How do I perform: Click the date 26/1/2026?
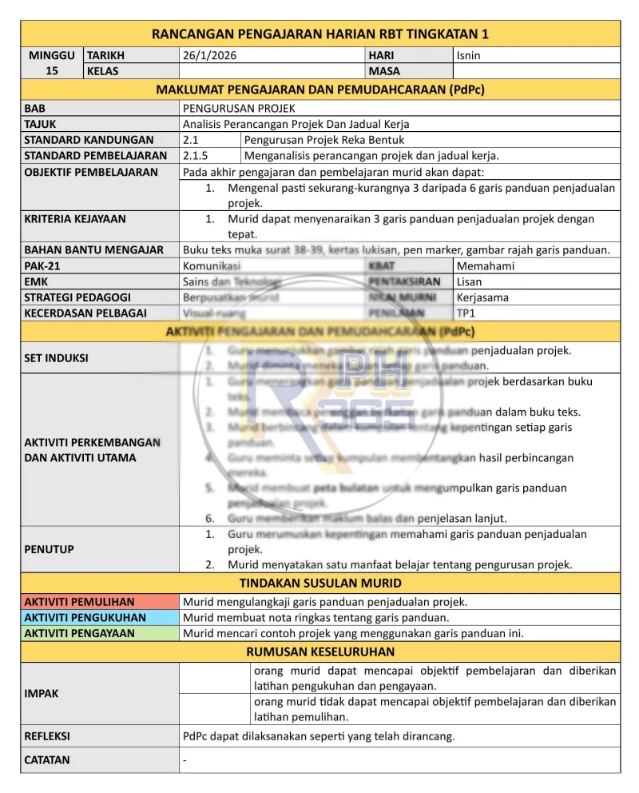click(x=209, y=56)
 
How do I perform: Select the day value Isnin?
click(x=468, y=56)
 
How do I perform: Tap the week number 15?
click(x=52, y=71)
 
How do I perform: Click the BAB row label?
click(x=35, y=108)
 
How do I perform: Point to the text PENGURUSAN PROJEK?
click(x=239, y=108)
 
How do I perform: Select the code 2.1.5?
click(x=196, y=156)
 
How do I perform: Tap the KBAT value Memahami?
click(x=486, y=266)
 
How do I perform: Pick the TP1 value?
click(x=466, y=313)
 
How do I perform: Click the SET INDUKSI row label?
click(x=57, y=358)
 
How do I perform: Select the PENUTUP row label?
click(x=49, y=549)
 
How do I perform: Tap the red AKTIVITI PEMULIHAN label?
click(x=79, y=602)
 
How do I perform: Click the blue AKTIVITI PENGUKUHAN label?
click(x=85, y=617)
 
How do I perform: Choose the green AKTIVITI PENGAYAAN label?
click(x=80, y=633)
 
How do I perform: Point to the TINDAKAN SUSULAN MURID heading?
click(x=320, y=583)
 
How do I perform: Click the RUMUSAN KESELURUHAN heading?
click(x=320, y=652)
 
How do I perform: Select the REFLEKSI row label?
click(x=47, y=736)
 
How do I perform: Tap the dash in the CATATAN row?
click(x=185, y=760)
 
